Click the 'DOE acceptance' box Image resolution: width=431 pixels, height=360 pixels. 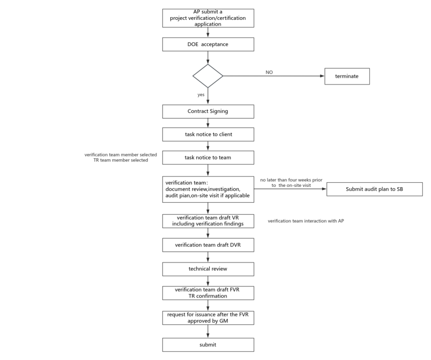coord(208,44)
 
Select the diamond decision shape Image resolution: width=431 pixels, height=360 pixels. coord(208,76)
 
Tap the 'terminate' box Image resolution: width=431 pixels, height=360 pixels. coord(347,76)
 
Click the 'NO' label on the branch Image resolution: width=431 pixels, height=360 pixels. coord(269,73)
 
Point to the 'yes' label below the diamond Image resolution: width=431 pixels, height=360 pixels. coord(201,95)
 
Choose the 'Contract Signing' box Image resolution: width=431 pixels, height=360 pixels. coord(208,112)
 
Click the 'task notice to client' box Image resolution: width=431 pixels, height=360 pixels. coord(208,135)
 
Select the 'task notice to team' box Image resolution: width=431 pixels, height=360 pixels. coord(208,158)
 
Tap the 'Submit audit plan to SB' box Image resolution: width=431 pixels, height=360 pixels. coord(374,189)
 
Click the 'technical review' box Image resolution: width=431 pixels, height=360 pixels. coord(208,269)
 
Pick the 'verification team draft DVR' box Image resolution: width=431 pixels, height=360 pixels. coord(208,246)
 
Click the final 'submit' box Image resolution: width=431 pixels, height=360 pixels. coord(208,344)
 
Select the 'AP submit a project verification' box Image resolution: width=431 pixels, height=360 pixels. coord(208,18)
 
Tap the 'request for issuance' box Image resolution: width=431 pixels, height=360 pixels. coord(208,318)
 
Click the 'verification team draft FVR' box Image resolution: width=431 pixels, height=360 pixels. coord(208,293)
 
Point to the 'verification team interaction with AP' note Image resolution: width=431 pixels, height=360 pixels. coord(306,221)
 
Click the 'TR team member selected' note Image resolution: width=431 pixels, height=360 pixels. coord(118,160)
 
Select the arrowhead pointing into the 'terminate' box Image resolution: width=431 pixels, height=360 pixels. coord(323,76)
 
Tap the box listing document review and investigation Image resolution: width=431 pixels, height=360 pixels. coord(208,189)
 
